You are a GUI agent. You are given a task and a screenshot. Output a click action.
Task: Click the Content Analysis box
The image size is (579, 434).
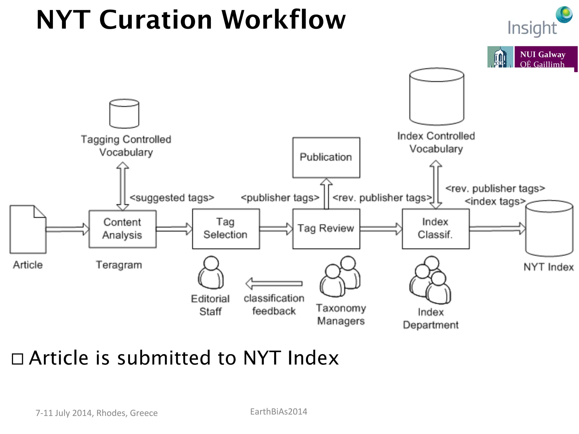click(122, 229)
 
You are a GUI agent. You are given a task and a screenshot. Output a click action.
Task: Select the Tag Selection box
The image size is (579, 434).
click(226, 229)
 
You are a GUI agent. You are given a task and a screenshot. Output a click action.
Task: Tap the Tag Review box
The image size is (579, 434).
click(326, 229)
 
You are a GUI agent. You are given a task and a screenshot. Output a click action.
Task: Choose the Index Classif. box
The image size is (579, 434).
click(435, 229)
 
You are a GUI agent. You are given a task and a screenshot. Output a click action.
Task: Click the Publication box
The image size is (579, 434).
click(326, 157)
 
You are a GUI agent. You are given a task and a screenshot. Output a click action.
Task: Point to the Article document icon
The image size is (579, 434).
click(28, 229)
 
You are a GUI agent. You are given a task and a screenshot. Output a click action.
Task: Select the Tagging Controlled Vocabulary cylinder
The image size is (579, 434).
click(124, 114)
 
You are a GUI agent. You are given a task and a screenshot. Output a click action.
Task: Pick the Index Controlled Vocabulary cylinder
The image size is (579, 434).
click(437, 96)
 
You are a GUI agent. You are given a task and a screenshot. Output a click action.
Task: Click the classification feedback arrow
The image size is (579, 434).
click(274, 283)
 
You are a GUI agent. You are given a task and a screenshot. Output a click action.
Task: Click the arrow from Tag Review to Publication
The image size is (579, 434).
click(326, 194)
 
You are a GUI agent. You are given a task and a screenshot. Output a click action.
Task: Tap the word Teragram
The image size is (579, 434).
click(119, 265)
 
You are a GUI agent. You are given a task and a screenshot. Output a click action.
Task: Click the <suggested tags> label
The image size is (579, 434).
click(172, 198)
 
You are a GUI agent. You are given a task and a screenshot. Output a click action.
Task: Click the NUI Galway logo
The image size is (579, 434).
click(532, 58)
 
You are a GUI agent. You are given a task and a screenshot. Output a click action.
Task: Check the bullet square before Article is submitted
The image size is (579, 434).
click(18, 359)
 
